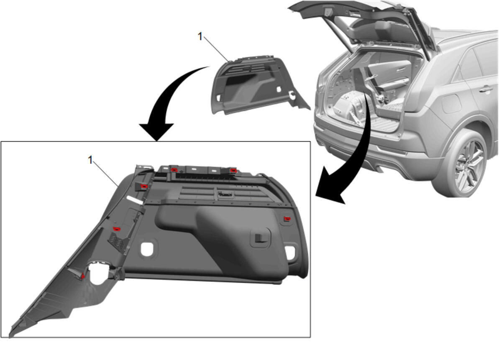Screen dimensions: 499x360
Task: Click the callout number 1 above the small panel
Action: point(200,36)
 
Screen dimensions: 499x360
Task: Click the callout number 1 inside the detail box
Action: point(90,160)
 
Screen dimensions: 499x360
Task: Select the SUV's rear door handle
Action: point(486,89)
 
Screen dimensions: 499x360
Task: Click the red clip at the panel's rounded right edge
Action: point(287,219)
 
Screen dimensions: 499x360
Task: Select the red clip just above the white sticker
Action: point(144,186)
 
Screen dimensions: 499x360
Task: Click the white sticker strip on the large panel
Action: point(135,200)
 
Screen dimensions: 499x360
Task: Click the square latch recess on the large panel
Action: point(260,238)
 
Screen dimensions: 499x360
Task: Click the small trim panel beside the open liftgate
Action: point(258,85)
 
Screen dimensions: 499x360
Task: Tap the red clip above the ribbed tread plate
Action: point(116,229)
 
